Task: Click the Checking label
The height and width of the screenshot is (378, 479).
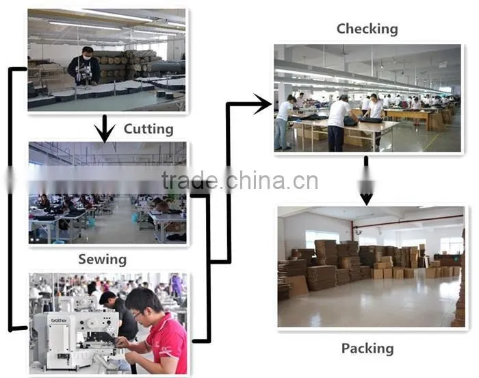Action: point(367,29)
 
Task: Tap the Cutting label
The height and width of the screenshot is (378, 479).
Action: point(148,129)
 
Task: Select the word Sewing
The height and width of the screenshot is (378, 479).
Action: point(103,260)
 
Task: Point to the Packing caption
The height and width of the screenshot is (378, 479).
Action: point(367,349)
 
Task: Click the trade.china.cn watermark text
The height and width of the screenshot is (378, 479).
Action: point(239,180)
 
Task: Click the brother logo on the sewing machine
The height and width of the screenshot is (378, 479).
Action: point(59,320)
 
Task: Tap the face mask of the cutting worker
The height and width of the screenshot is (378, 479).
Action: point(88,58)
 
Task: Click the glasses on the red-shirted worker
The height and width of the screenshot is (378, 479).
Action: point(138,314)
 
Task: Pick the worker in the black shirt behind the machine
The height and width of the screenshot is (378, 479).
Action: point(118,315)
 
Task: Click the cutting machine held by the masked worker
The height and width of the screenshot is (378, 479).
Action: point(84,73)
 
